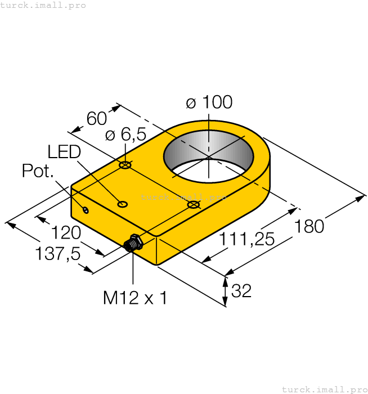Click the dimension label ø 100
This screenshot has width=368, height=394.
[209, 102]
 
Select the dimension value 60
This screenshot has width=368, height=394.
[97, 118]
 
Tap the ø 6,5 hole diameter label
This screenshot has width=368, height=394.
[125, 135]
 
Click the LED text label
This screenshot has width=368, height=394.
[64, 152]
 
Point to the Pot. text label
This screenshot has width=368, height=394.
[38, 171]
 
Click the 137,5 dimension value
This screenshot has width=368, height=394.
[57, 254]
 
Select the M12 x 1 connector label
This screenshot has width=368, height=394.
[135, 298]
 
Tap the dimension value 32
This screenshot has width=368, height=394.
[241, 291]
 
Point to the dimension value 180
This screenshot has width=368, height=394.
[309, 226]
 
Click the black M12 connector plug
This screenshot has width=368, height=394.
[132, 243]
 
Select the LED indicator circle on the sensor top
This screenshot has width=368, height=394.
[122, 204]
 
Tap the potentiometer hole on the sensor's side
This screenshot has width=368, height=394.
[86, 211]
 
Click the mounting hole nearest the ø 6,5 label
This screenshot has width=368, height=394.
[125, 165]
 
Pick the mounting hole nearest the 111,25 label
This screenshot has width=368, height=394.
[193, 205]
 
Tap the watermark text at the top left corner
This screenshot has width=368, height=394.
[43, 5]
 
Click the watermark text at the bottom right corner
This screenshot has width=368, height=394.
[324, 389]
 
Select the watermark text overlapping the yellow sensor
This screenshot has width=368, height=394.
[183, 197]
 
